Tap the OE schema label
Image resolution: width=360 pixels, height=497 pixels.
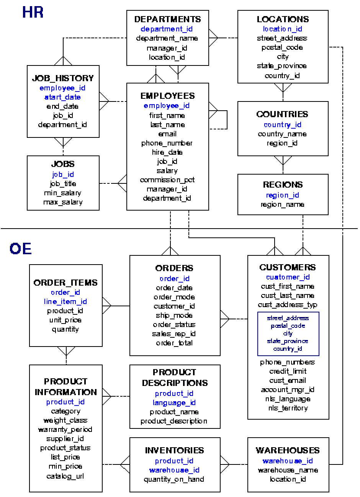point(21,249)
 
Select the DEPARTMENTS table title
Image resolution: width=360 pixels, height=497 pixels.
point(167,19)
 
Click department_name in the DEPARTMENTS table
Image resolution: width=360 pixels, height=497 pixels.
point(167,38)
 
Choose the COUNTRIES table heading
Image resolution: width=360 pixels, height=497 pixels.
point(282,114)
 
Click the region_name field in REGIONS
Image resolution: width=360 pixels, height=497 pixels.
point(283,204)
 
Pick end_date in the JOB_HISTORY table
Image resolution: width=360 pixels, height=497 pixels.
point(62,106)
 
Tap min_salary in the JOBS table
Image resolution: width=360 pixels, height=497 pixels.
point(62,193)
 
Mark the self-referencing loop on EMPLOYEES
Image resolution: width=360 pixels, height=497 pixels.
point(227,120)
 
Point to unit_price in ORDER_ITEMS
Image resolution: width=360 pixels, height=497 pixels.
point(65,320)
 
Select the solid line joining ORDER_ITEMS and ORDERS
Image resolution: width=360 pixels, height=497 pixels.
point(120,306)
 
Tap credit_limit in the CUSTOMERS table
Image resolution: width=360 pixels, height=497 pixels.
point(288,371)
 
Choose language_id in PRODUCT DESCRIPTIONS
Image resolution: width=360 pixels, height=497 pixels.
point(174,403)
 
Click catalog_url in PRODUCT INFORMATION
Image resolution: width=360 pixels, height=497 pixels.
point(65,476)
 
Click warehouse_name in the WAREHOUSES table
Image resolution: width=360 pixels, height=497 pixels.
point(288,470)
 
